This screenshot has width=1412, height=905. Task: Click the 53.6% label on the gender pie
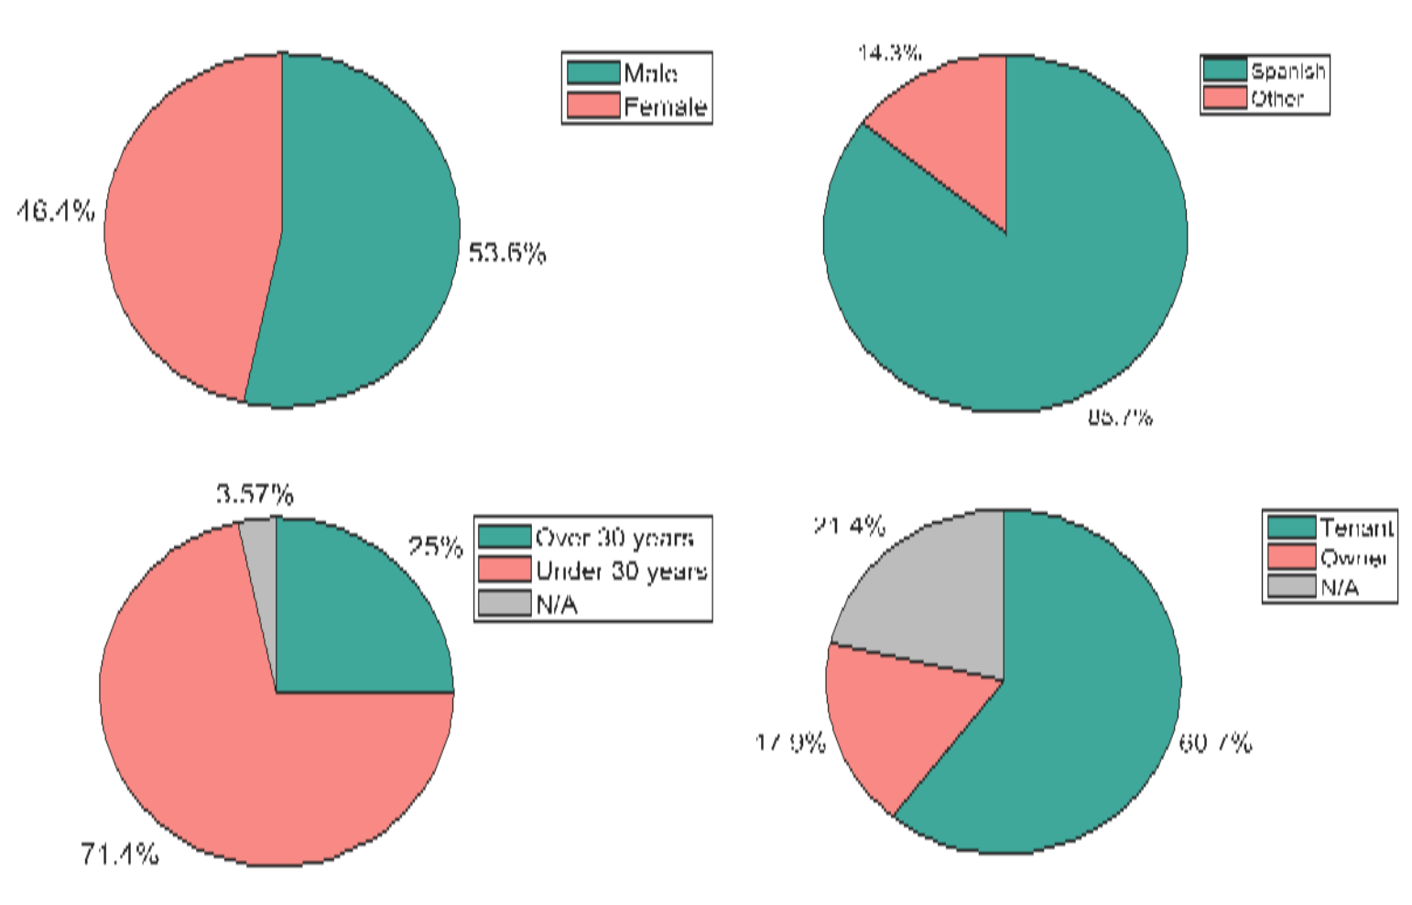pyautogui.click(x=506, y=253)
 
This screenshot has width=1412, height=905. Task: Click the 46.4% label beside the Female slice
pyautogui.click(x=56, y=212)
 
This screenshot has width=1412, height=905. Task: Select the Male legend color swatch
pyautogui.click(x=592, y=72)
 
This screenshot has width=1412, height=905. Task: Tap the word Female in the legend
pyautogui.click(x=665, y=107)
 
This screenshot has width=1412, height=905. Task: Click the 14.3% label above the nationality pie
pyautogui.click(x=888, y=52)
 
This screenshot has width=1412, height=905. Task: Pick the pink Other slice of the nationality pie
pyautogui.click(x=952, y=128)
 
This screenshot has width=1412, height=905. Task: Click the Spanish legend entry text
pyautogui.click(x=1287, y=71)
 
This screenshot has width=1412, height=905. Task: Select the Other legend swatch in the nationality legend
pyautogui.click(x=1224, y=97)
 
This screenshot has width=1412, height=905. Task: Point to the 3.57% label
pyautogui.click(x=255, y=495)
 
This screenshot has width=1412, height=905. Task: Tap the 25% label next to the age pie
pyautogui.click(x=435, y=547)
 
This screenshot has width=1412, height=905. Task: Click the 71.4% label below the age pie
pyautogui.click(x=119, y=855)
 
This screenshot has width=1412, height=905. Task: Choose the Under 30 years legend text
pyautogui.click(x=621, y=571)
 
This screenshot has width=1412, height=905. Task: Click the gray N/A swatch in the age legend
pyautogui.click(x=504, y=604)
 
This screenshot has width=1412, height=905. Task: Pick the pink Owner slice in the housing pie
pyautogui.click(x=897, y=724)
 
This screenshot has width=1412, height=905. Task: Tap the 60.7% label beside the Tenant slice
pyautogui.click(x=1214, y=742)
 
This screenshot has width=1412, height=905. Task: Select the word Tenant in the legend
pyautogui.click(x=1356, y=528)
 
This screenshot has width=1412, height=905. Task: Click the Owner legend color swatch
pyautogui.click(x=1290, y=557)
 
